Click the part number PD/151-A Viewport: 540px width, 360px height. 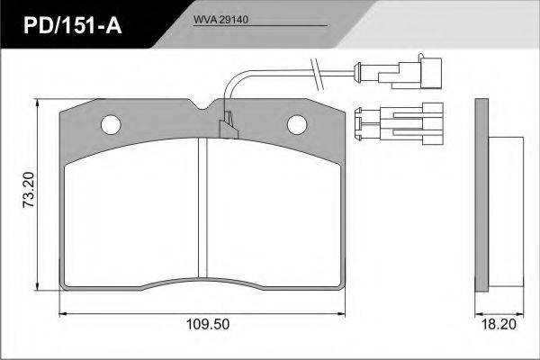click(x=72, y=25)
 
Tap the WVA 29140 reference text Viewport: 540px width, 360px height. click(x=220, y=20)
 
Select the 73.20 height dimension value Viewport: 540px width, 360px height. click(x=29, y=190)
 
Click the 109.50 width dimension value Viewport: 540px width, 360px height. click(x=208, y=324)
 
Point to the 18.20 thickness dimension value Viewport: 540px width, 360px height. click(x=499, y=324)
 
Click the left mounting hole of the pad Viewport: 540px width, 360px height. click(x=111, y=125)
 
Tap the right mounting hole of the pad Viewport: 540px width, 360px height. click(x=297, y=124)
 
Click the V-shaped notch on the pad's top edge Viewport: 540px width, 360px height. click(x=202, y=104)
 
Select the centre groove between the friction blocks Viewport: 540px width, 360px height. click(x=202, y=208)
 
